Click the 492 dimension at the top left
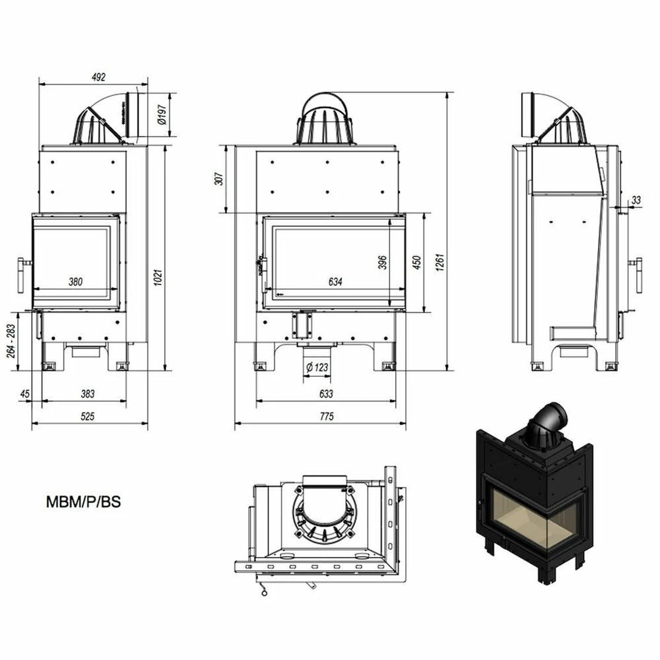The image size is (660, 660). (x=98, y=77)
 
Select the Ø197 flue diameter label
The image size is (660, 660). (x=162, y=114)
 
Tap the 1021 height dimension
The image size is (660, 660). (x=158, y=278)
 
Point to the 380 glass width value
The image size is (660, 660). (x=76, y=282)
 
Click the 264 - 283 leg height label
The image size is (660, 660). (x=11, y=341)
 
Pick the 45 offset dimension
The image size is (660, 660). (x=25, y=394)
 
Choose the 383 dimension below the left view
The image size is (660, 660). (x=88, y=394)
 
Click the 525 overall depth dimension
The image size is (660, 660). (x=88, y=416)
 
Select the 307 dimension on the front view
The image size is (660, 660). (x=219, y=178)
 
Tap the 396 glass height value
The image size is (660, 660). (x=382, y=262)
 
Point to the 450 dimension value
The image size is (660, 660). (x=416, y=262)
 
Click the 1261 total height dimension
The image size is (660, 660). (x=440, y=262)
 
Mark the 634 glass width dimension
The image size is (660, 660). (x=335, y=282)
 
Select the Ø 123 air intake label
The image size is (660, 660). (x=317, y=367)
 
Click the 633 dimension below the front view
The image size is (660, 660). (x=326, y=394)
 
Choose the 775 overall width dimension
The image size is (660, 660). (x=327, y=416)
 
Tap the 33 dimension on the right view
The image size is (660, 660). (x=636, y=200)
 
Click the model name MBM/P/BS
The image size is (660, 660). (x=83, y=502)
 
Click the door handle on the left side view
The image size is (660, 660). (x=23, y=275)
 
